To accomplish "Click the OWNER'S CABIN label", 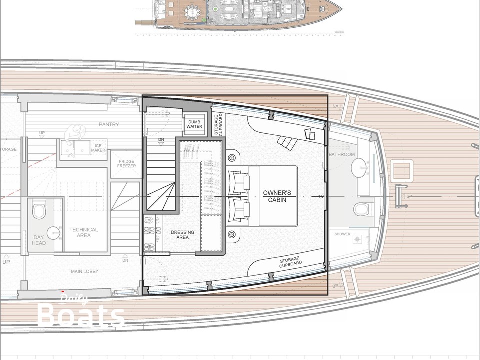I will pos(277,197).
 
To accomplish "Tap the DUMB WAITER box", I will pos(195,123).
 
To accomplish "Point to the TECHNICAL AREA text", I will pos(84,232).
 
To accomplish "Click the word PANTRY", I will pos(109,124).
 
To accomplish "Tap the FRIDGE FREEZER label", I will pos(123,165).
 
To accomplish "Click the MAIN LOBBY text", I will pos(84,271).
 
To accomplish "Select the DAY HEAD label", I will pos(39,240).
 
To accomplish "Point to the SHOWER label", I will pos(342,234).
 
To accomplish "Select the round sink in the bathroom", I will pos(360,170).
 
